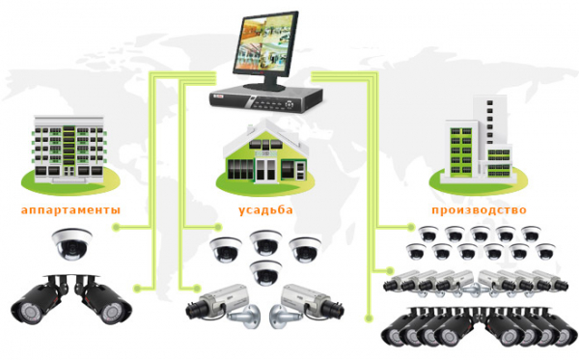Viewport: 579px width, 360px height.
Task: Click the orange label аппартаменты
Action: click(x=70, y=210)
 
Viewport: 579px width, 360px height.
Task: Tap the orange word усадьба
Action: click(x=265, y=209)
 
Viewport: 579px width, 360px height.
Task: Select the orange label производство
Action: click(x=479, y=210)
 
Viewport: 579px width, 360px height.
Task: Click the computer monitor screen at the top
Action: click(x=264, y=44)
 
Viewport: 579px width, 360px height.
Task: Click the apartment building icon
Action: click(x=69, y=150)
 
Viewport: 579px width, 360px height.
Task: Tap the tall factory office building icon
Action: click(x=479, y=139)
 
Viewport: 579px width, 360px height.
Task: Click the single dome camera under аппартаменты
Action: click(x=72, y=244)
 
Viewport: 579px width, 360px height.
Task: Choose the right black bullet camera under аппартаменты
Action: click(x=103, y=300)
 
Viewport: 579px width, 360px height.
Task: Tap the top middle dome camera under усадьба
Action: click(x=266, y=243)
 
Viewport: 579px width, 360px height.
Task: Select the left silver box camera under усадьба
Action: click(x=222, y=305)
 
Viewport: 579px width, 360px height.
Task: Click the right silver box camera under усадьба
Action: click(x=307, y=305)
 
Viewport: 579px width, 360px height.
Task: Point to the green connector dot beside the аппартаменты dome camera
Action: click(x=117, y=227)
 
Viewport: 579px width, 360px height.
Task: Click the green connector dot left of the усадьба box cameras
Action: click(x=197, y=288)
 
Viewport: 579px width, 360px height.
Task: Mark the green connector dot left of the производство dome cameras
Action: click(x=411, y=227)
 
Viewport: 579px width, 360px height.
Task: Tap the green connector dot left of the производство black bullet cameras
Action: click(x=369, y=318)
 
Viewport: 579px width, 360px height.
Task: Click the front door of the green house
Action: click(x=266, y=171)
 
